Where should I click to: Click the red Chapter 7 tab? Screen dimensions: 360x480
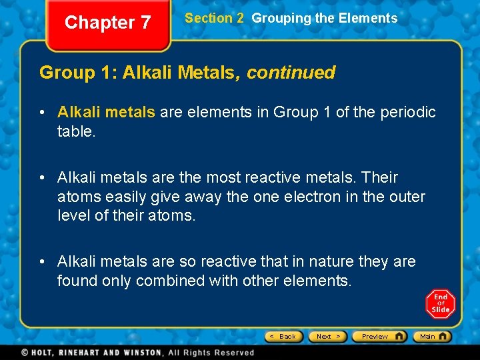click(107, 23)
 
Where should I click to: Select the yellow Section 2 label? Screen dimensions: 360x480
click(214, 19)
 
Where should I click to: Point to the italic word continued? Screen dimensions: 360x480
click(291, 73)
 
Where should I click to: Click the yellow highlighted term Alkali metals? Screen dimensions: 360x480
click(106, 112)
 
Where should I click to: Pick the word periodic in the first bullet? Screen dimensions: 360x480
click(408, 112)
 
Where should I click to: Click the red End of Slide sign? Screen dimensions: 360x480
click(440, 304)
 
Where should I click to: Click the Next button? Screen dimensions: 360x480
click(327, 336)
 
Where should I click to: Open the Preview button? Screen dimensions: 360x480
click(379, 336)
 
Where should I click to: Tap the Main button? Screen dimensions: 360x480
click(431, 336)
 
